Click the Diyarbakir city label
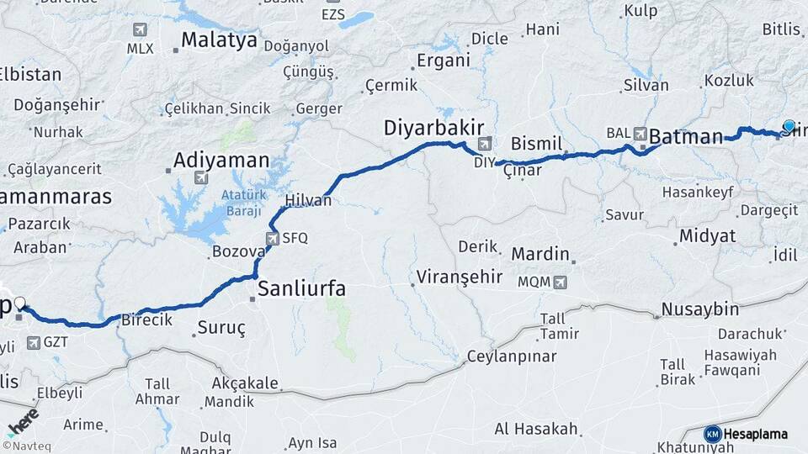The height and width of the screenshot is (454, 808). (x=433, y=128)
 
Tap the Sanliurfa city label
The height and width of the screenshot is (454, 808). (x=301, y=289)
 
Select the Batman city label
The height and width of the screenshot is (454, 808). (x=686, y=136)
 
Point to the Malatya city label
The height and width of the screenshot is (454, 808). (x=219, y=40)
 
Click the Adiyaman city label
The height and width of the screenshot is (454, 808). (x=221, y=160)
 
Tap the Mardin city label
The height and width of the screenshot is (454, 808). (x=540, y=253)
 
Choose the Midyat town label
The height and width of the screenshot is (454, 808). (x=707, y=236)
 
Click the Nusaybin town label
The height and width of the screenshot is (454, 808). (x=699, y=309)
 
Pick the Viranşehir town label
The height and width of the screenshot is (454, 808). (x=460, y=277)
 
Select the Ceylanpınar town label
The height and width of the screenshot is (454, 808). (x=513, y=356)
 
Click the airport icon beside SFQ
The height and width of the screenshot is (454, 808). (x=273, y=238)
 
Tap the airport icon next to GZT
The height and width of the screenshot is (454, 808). (x=34, y=342)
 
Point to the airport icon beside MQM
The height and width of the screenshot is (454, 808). (x=561, y=282)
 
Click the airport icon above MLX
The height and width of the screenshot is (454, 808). (x=140, y=30)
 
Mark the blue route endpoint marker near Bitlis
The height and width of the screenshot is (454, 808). (x=789, y=126)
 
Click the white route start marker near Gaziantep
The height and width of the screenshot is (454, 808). (x=20, y=303)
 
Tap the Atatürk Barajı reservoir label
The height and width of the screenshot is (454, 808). (x=243, y=202)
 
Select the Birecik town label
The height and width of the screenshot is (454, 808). (x=146, y=320)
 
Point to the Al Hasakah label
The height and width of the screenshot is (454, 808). (x=536, y=430)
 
